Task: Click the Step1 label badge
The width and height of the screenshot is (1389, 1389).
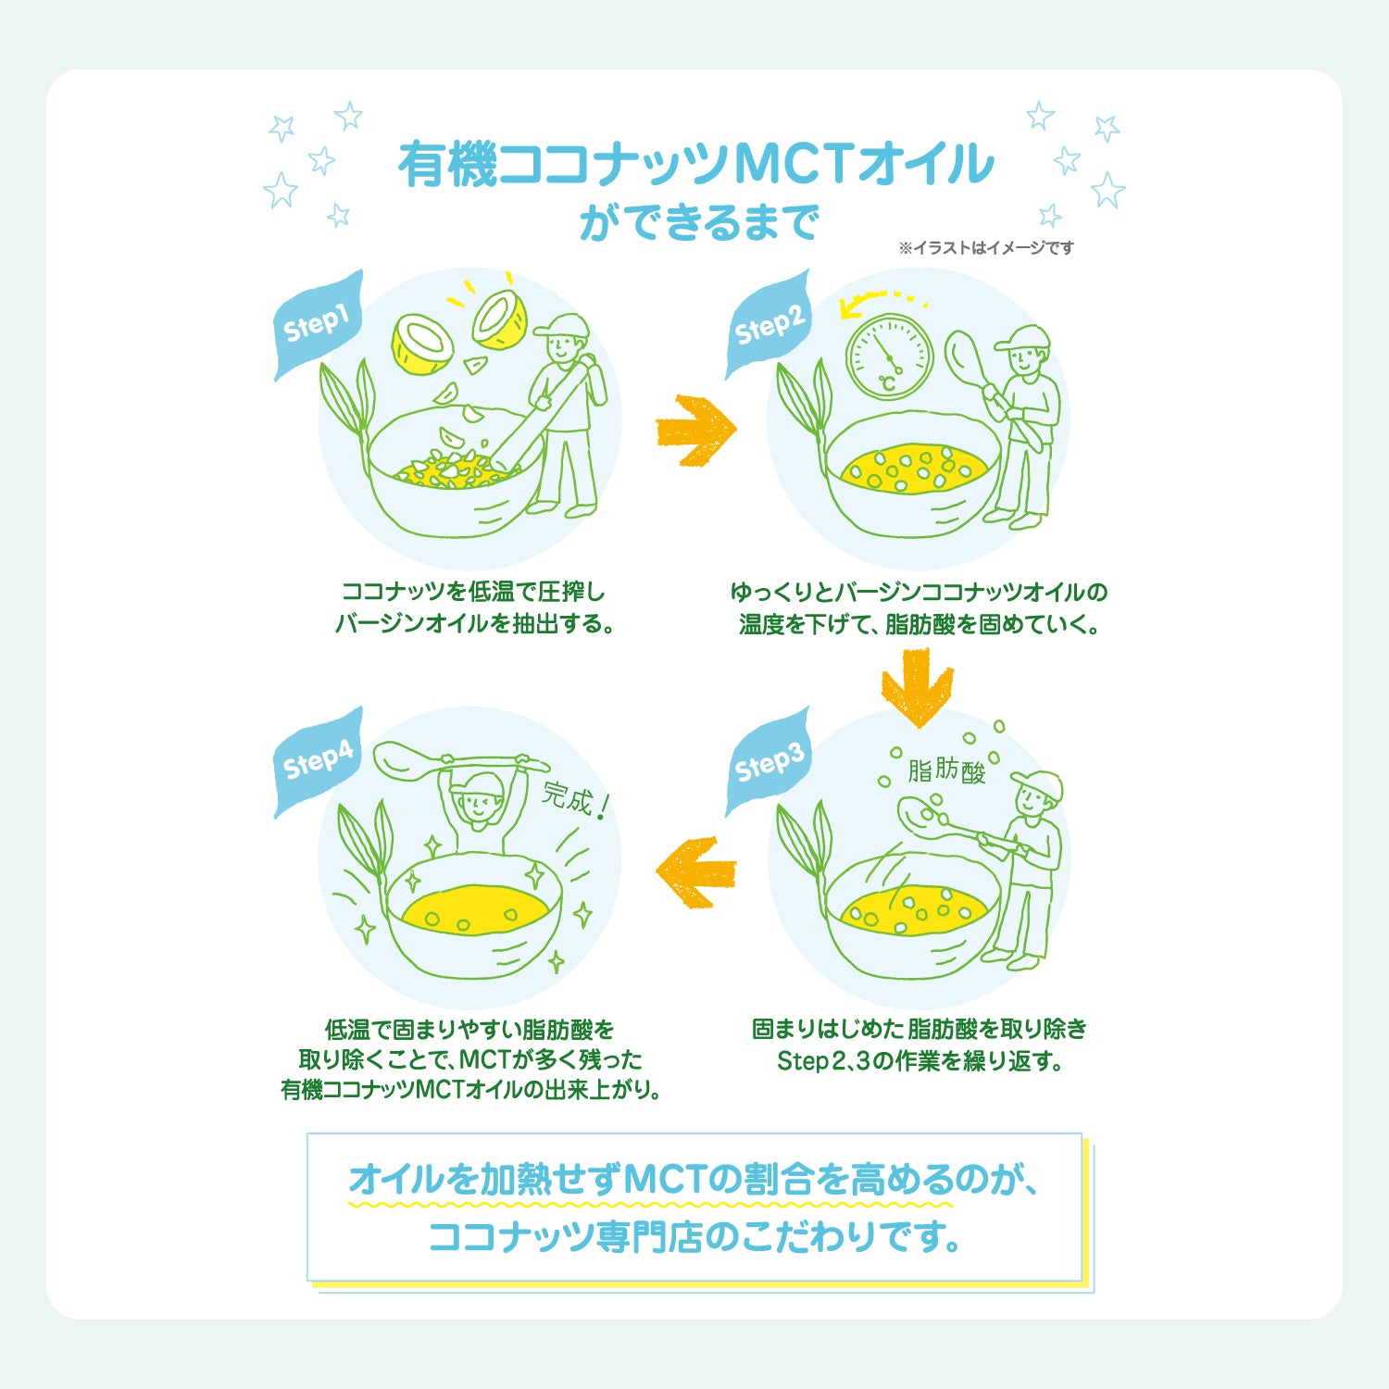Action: pos(318,325)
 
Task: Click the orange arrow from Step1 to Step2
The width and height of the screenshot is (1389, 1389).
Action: pos(695,431)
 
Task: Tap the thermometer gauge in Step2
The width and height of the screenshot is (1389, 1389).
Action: pos(889,357)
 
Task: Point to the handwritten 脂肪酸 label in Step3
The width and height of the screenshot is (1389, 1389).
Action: pos(946,770)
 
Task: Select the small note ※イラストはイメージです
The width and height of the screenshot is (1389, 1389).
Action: pos(986,247)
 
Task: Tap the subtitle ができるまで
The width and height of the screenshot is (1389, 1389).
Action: pos(699,223)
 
